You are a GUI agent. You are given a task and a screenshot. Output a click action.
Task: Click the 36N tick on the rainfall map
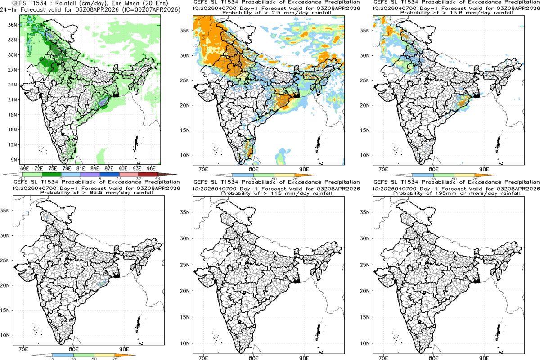tap(13, 25)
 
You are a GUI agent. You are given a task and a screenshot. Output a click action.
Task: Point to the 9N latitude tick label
tap(14, 159)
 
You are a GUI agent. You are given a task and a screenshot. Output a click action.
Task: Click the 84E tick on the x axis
tap(94, 168)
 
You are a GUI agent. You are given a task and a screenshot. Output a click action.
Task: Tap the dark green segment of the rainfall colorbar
tap(51, 174)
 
